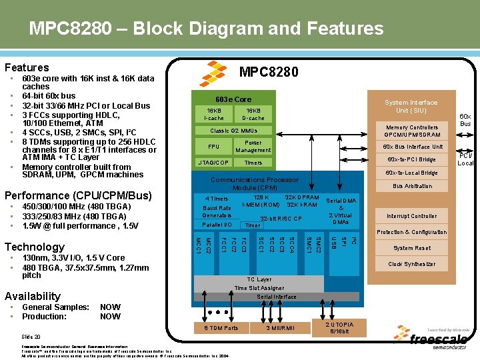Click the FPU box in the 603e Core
point(214,147)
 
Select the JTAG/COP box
point(214,163)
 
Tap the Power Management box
point(253,147)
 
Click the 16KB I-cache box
point(214,114)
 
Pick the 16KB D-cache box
point(253,114)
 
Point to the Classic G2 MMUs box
point(234,131)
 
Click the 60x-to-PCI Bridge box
point(411,159)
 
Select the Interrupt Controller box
point(411,216)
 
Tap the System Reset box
point(411,248)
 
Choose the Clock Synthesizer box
point(411,264)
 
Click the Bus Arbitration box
point(411,186)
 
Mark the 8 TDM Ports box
point(220,328)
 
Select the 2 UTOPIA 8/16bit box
point(339,327)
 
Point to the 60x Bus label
point(465,120)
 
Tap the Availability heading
point(33,296)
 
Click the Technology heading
point(35,247)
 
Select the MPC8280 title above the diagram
point(269,72)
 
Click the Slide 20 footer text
point(31,337)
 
